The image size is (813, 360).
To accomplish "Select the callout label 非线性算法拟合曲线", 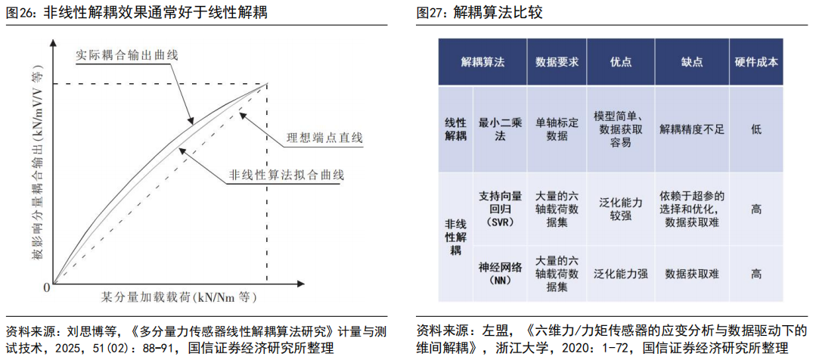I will pos(285,175).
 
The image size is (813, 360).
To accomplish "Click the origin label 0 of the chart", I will pos(46,287).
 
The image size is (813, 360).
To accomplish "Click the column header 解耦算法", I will pos(483,62).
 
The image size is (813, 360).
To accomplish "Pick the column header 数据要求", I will pos(557,62).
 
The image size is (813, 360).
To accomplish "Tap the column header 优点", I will pos(620,62).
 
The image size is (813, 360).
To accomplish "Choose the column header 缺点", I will pos(690,62).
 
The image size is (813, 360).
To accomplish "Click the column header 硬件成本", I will pos(756,62).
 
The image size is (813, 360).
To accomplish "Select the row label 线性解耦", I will pos(455,129).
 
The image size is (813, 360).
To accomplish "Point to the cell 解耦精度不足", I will pos(691,129).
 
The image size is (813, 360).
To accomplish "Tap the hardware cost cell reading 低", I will pos(756,129).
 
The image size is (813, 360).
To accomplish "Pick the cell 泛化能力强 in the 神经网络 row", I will pos(620,273).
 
